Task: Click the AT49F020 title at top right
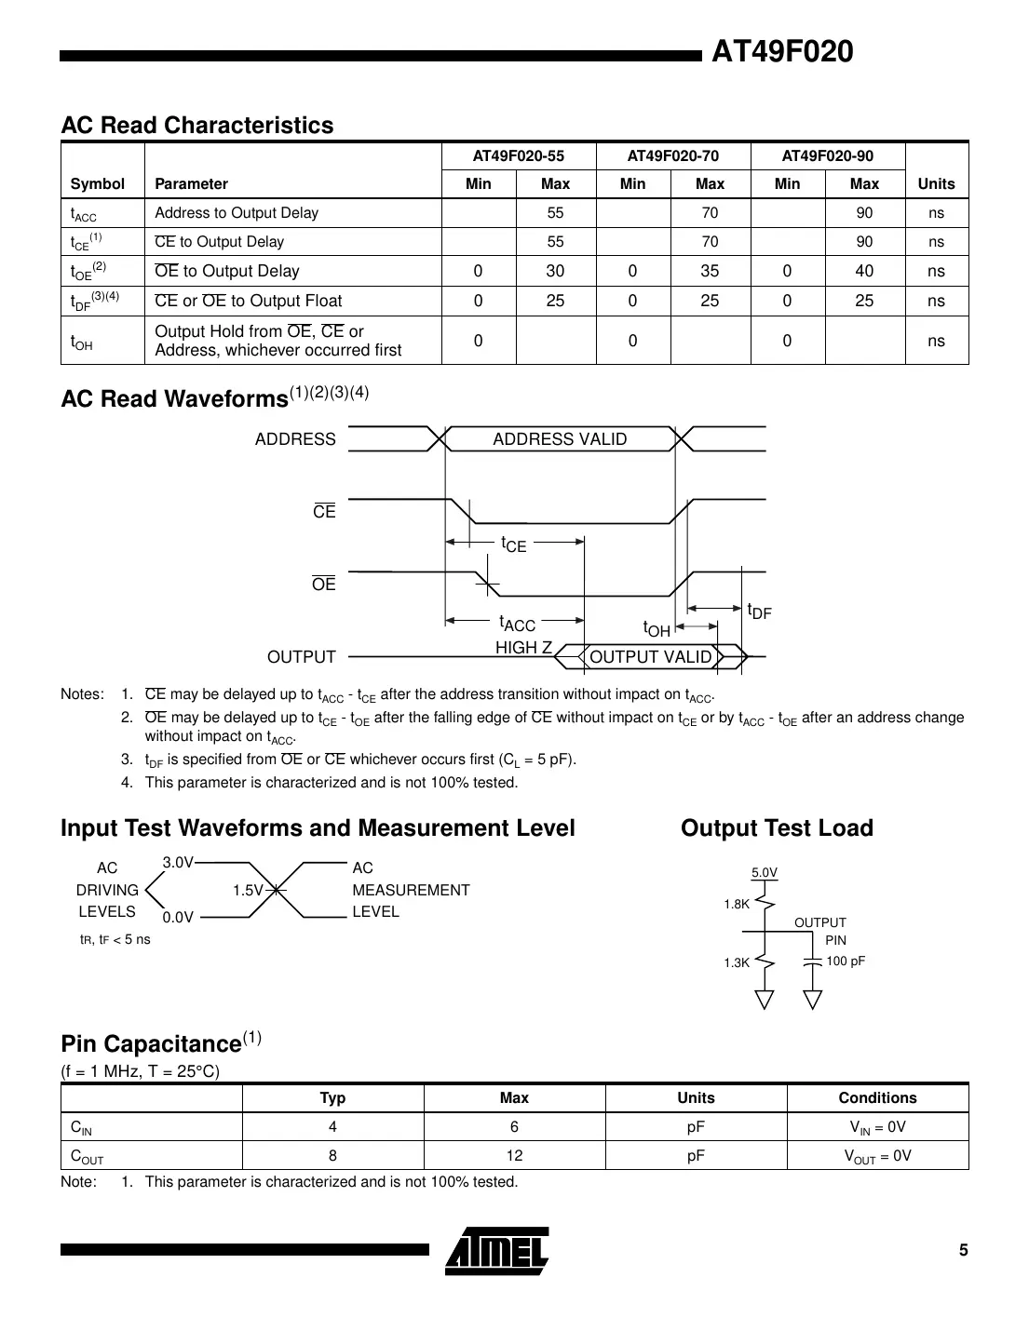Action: (781, 52)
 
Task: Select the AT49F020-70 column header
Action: (672, 156)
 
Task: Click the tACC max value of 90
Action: (864, 213)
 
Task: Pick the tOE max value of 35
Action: (710, 272)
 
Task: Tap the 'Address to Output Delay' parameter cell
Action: (237, 213)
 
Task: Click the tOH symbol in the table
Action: (82, 343)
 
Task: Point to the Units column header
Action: (936, 184)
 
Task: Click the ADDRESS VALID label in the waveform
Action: (560, 439)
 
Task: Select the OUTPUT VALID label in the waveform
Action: (650, 657)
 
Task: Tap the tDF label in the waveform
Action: (759, 612)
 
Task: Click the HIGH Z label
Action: (523, 648)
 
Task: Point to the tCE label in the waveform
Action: (513, 544)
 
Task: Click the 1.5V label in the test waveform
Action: (248, 891)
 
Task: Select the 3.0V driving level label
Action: (178, 863)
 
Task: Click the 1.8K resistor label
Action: (737, 904)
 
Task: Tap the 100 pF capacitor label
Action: (846, 961)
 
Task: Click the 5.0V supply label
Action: (765, 873)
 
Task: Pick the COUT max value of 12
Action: (514, 1156)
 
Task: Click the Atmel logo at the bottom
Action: (496, 1251)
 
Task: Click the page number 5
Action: (964, 1250)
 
